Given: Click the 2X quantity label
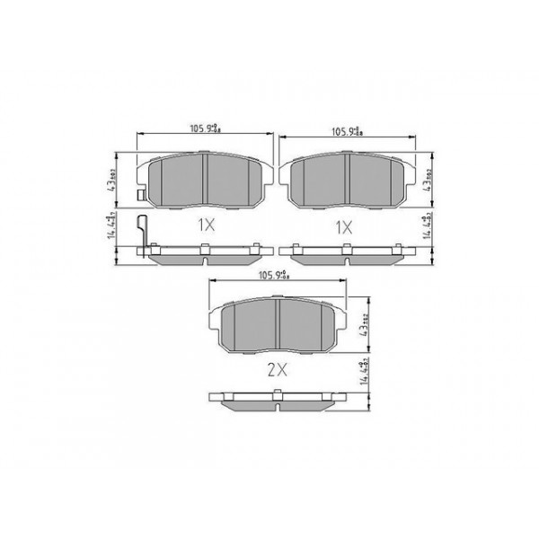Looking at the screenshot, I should click(x=276, y=368).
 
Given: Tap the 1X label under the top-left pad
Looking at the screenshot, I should click(x=205, y=227).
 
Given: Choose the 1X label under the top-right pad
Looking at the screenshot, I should click(x=344, y=227).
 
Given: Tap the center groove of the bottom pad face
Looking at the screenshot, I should click(x=278, y=325).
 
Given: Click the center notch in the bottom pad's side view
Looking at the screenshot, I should click(x=278, y=393).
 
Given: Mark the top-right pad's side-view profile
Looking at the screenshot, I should click(x=347, y=254).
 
